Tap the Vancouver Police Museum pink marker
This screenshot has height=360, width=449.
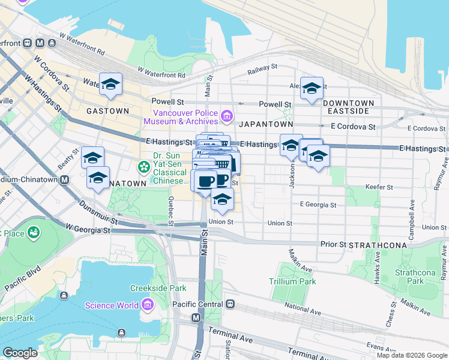coord(226,115)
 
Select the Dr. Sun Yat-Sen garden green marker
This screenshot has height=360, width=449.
coord(144,166)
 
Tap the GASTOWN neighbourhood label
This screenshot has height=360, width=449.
coord(107,111)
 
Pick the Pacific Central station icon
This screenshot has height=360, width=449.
coord(230,304)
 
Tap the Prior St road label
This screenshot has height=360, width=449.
coord(333,244)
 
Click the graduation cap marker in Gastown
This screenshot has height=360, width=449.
coord(111,85)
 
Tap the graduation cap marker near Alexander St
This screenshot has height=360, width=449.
coord(312,89)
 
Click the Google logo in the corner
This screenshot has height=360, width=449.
coord(20,353)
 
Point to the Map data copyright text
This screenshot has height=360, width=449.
coord(411,355)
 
